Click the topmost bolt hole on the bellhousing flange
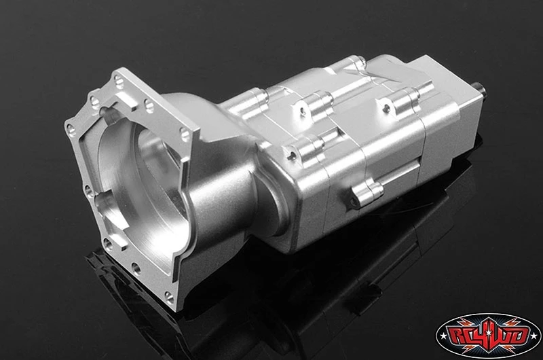pyautogui.click(x=118, y=82)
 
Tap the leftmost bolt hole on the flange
pyautogui.click(x=71, y=130)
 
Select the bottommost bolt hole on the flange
pyautogui.click(x=169, y=298)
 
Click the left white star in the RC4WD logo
pyautogui.click(x=443, y=336)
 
